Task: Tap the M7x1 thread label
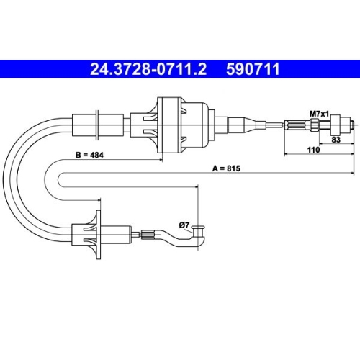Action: coord(319,113)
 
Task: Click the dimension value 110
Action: coord(314,151)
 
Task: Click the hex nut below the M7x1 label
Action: coord(318,125)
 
